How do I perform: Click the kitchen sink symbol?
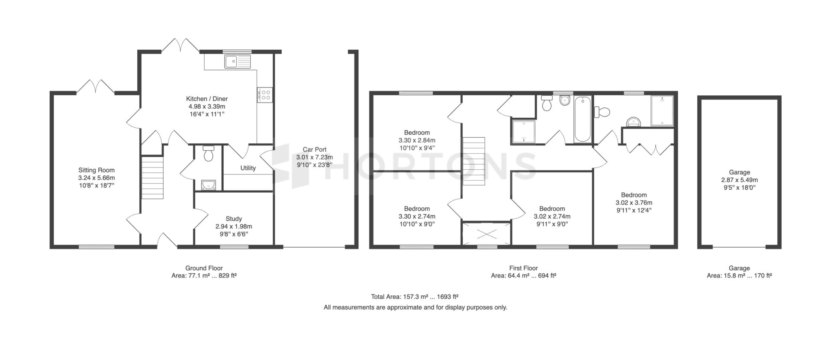pos(238,62)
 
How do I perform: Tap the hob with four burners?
pos(264,94)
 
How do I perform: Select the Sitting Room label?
pos(97,170)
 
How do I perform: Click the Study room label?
pos(234,219)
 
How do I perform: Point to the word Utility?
pos(248,168)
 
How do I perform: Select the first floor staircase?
pos(473,161)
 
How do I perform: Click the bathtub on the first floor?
pos(582,119)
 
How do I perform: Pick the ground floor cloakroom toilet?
pos(209,154)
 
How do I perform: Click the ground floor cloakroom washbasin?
pos(209,185)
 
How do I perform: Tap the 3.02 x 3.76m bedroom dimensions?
pos(634,203)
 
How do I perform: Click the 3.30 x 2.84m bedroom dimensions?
pos(417,140)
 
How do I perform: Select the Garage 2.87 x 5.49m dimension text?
pos(739,180)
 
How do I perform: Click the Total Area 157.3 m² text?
pos(415,297)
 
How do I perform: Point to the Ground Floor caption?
pos(204,268)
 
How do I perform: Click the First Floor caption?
pos(523,268)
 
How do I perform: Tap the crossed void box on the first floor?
pos(486,234)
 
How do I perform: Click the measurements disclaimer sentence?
pos(415,307)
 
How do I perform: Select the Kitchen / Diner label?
pos(207,99)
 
